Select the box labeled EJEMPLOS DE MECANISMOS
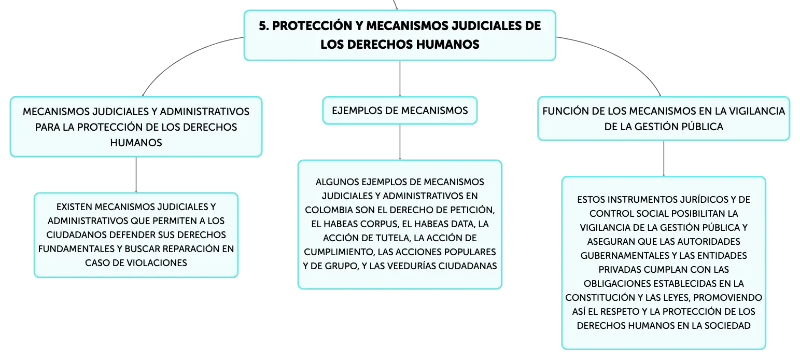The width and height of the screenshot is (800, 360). [400, 110]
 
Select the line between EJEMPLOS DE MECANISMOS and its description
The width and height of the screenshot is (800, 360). [400, 142]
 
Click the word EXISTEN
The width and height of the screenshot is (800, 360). [74, 207]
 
